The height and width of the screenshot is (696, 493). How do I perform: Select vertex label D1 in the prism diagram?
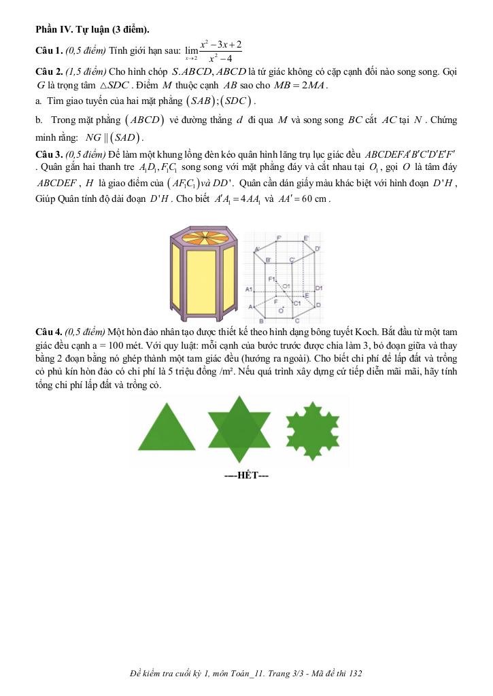(x=318, y=288)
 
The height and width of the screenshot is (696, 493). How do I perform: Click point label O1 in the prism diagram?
(x=286, y=285)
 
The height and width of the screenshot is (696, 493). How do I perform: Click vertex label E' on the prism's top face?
(x=307, y=237)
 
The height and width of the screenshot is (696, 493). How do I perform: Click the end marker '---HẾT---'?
(x=247, y=476)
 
